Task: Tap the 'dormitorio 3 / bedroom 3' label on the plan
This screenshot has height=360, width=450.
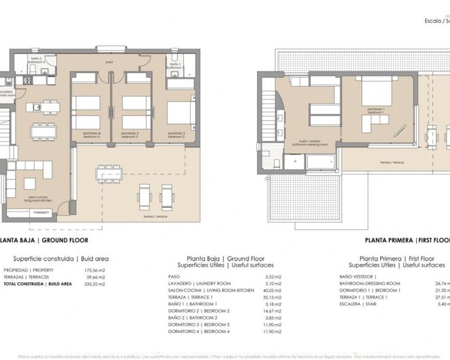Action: [x=132, y=135]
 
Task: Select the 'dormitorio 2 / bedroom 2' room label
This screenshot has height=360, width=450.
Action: [x=177, y=135]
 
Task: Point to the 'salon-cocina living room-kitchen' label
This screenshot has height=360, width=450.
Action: [x=39, y=199]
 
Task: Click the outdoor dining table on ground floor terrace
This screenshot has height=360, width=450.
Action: [x=108, y=173]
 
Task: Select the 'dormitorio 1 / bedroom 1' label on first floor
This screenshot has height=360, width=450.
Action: [x=376, y=110]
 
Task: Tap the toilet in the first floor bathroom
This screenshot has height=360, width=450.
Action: [x=277, y=162]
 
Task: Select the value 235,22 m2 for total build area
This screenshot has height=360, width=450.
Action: [x=95, y=284]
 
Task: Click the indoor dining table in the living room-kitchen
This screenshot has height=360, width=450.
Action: [x=44, y=131]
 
